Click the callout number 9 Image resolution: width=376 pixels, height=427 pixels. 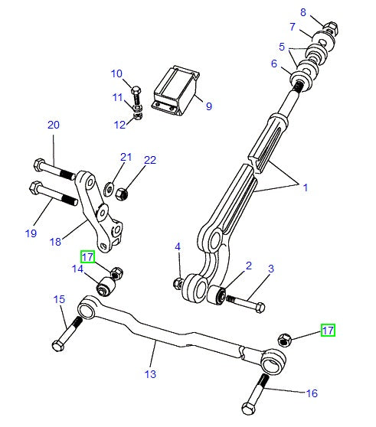209,106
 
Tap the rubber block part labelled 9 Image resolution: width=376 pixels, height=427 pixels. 175,90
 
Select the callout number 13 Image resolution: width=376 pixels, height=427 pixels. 150,374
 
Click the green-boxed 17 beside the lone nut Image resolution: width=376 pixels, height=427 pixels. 328,331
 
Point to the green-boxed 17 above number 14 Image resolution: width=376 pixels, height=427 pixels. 87,257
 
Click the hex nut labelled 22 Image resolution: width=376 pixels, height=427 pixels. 122,194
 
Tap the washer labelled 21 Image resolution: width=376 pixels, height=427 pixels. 109,189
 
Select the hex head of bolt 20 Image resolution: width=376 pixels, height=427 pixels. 39,165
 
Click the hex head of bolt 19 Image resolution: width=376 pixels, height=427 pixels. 35,188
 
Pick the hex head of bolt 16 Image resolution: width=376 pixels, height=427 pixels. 248,408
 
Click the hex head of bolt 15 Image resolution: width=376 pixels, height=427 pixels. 57,345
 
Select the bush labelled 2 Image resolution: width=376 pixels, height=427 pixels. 217,295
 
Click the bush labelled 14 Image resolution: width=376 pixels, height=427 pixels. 106,286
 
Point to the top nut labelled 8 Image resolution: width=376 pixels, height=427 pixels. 331,28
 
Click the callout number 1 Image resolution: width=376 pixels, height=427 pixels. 306,187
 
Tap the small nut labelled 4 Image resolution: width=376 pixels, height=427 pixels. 178,283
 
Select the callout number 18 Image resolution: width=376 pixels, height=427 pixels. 55,242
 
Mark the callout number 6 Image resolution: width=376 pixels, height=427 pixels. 274,64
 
